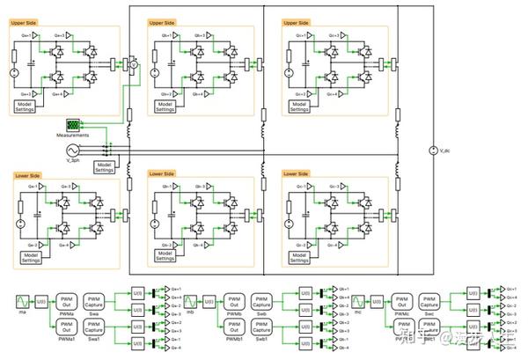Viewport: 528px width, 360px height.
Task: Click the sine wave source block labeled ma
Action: [x=22, y=302]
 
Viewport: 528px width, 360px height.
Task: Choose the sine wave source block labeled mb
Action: [x=191, y=302]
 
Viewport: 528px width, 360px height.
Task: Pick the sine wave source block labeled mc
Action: [x=359, y=302]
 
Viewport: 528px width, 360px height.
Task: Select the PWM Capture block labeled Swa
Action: [x=94, y=302]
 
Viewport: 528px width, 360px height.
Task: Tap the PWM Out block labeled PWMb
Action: [x=235, y=302]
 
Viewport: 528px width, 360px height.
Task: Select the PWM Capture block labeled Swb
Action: [x=262, y=302]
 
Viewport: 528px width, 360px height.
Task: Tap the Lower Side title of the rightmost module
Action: [x=297, y=174]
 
